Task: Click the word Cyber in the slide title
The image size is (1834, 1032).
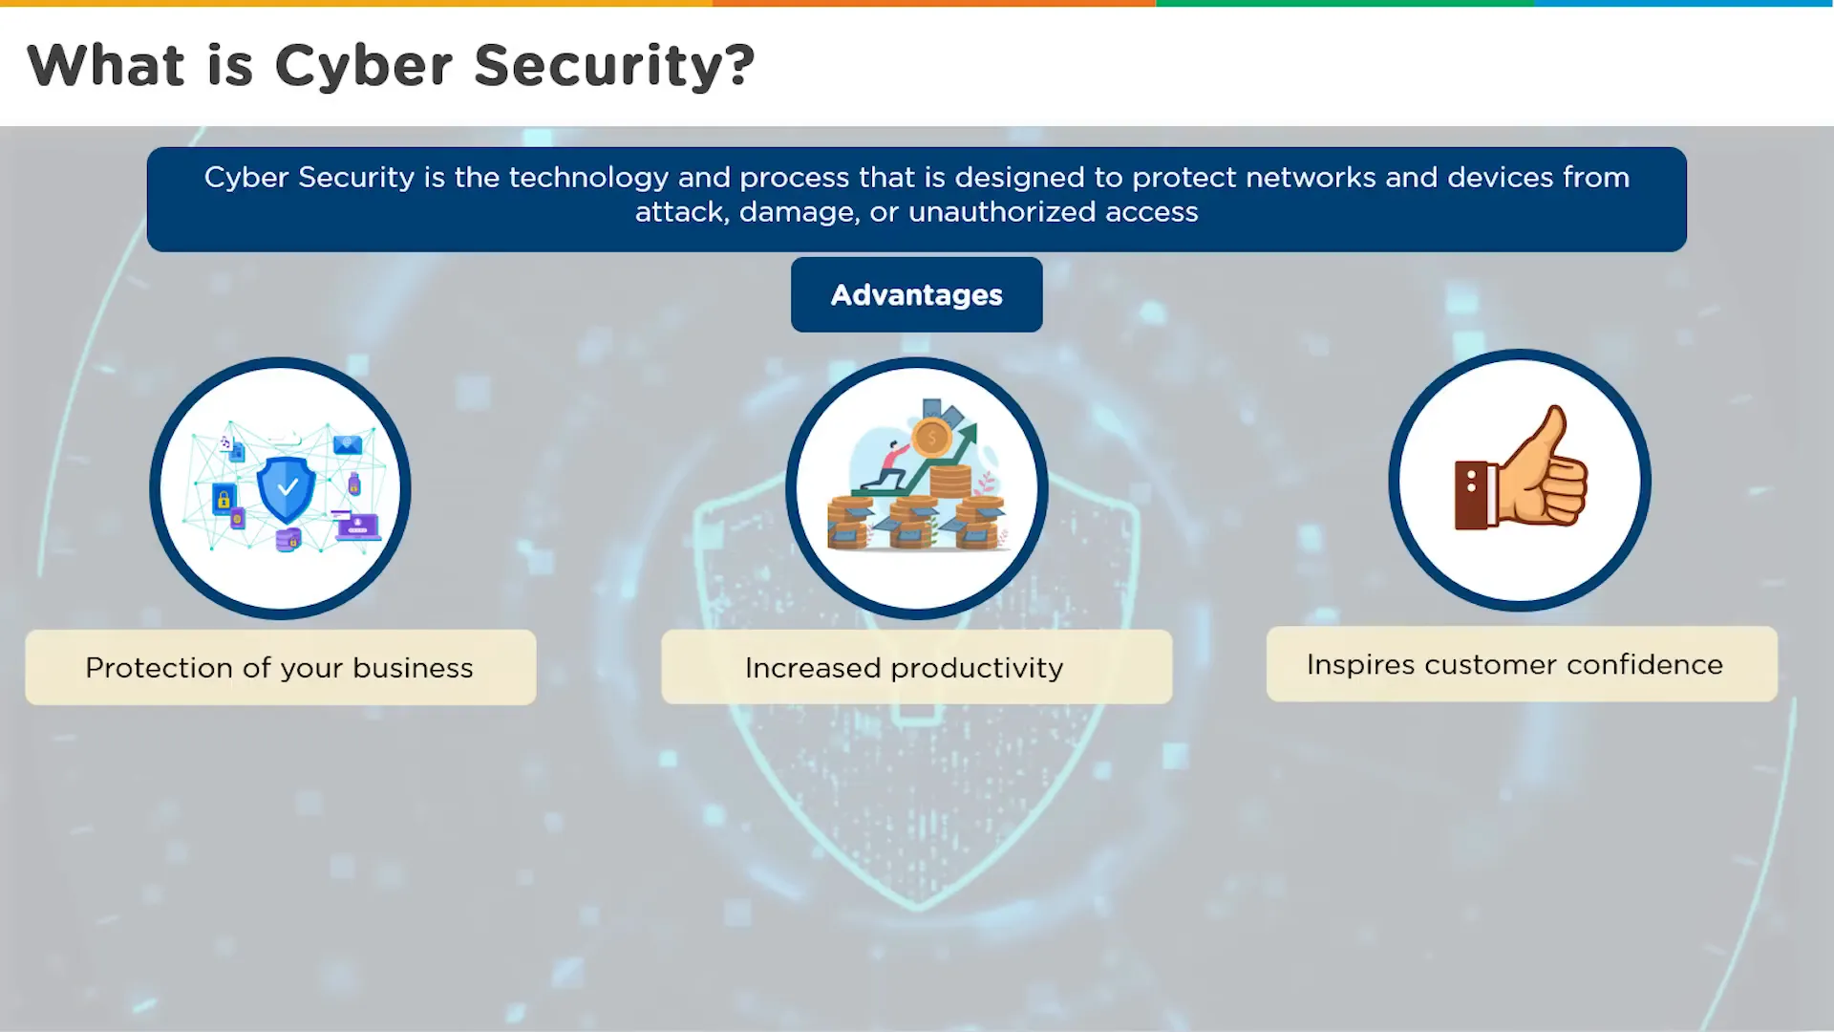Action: [364, 67]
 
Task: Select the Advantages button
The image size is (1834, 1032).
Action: [917, 294]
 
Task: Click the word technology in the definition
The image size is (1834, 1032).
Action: [589, 178]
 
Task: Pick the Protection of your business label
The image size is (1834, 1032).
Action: [280, 667]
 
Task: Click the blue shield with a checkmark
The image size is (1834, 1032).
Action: [287, 488]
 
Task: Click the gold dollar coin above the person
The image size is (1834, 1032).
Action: [930, 439]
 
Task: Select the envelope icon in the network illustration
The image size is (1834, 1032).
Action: [347, 444]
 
